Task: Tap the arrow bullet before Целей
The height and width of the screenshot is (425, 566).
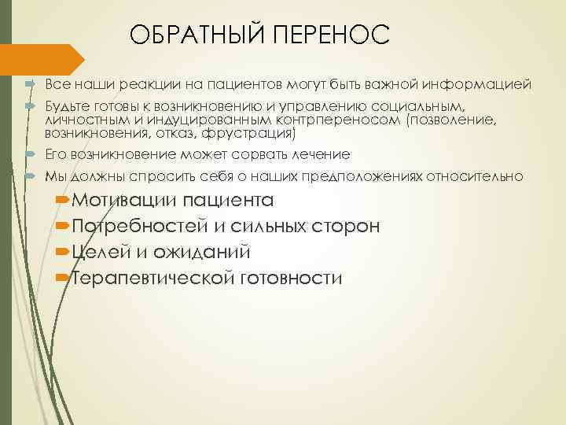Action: [62, 253]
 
